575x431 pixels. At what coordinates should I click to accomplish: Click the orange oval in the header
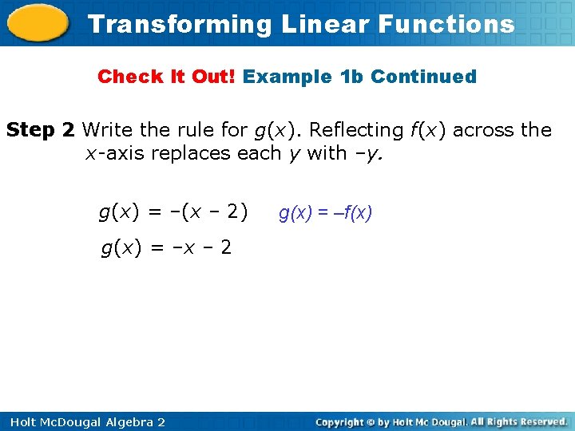[38, 24]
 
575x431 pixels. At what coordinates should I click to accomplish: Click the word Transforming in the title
[180, 24]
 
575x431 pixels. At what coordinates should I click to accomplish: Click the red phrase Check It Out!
[167, 77]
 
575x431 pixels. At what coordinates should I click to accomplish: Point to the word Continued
[423, 77]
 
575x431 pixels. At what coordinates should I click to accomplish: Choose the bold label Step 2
[41, 129]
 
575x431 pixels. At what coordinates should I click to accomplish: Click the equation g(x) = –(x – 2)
[173, 212]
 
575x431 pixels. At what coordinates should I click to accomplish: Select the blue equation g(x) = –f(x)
[325, 213]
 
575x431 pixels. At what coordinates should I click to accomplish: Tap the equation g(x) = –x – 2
[166, 248]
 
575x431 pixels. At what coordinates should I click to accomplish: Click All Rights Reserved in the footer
[518, 421]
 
